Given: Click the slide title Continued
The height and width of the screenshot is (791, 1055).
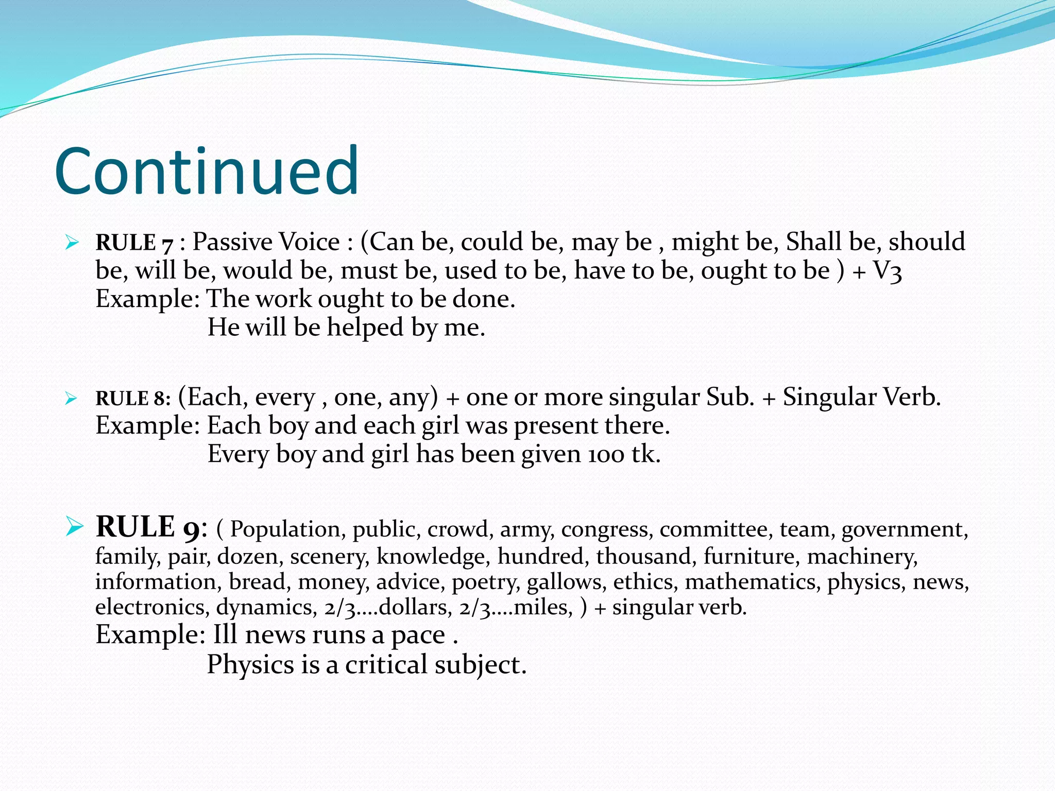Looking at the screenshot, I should [x=207, y=171].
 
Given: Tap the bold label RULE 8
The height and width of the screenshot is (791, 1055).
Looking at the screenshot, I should [x=132, y=399].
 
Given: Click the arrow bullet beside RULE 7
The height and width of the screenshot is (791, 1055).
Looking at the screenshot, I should [x=72, y=242].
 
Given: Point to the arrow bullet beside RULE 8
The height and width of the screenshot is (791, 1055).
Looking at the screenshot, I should [x=72, y=398].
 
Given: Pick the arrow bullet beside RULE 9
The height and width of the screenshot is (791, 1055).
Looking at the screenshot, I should [x=74, y=526].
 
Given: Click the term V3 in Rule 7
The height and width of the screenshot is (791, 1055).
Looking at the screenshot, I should [x=888, y=271].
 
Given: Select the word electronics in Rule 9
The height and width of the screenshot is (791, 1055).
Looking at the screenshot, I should [x=151, y=608].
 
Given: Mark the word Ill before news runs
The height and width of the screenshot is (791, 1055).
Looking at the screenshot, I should [x=225, y=635].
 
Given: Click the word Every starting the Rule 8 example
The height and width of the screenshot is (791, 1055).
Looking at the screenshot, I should [x=238, y=455].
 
